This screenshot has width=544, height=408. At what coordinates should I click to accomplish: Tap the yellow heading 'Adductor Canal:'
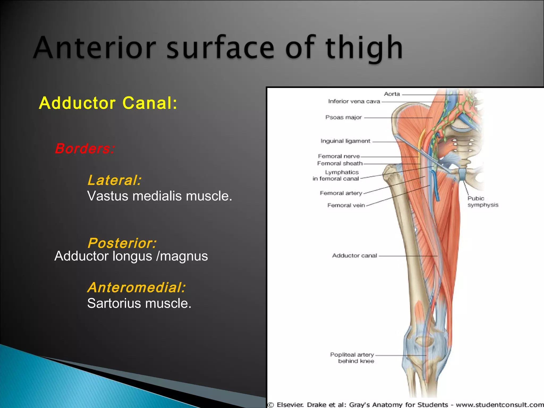click(108, 103)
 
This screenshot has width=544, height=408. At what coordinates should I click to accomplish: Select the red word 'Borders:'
click(85, 148)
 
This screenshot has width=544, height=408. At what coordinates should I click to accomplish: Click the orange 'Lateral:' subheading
click(114, 180)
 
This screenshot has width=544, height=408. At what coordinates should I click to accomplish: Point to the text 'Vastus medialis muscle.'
click(160, 196)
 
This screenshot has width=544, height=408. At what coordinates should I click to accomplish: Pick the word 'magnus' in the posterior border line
click(184, 256)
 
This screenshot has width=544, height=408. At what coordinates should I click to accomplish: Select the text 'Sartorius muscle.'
click(139, 303)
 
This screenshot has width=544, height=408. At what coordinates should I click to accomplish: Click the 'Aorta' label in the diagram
click(392, 94)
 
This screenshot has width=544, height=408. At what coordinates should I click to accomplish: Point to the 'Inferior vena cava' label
click(354, 101)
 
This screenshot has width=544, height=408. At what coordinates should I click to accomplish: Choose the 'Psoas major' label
click(343, 117)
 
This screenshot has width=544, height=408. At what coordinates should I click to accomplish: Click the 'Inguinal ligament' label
click(345, 141)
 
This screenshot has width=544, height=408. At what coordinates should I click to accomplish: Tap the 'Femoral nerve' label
click(339, 156)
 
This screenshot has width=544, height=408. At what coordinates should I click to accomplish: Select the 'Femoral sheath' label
click(340, 163)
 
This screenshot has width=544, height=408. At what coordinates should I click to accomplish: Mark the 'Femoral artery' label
click(341, 193)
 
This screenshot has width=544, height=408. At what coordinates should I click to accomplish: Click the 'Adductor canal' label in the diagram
click(354, 256)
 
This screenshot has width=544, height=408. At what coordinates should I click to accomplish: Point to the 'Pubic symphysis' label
click(482, 202)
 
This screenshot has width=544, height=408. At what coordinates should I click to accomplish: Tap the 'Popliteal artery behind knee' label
click(352, 358)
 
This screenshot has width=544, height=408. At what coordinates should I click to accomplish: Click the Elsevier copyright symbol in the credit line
click(271, 405)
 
